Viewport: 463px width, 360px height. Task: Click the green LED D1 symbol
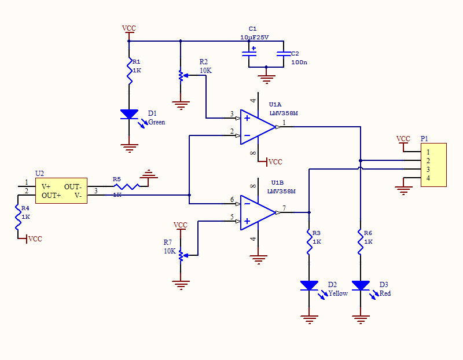pyautogui.click(x=129, y=114)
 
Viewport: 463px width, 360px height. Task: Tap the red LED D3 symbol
pyautogui.click(x=361, y=285)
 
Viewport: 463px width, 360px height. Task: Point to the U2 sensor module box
pyautogui.click(x=61, y=191)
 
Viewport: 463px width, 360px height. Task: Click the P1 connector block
pyautogui.click(x=433, y=165)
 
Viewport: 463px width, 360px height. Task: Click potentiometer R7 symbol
pyautogui.click(x=181, y=255)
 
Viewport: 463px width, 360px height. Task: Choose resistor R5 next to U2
pyautogui.click(x=126, y=186)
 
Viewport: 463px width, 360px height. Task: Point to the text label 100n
pyautogui.click(x=299, y=62)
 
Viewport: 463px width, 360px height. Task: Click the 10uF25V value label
pyautogui.click(x=255, y=37)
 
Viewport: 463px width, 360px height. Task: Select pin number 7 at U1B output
pyautogui.click(x=284, y=208)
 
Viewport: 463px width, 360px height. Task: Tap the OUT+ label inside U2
pyautogui.click(x=52, y=196)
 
